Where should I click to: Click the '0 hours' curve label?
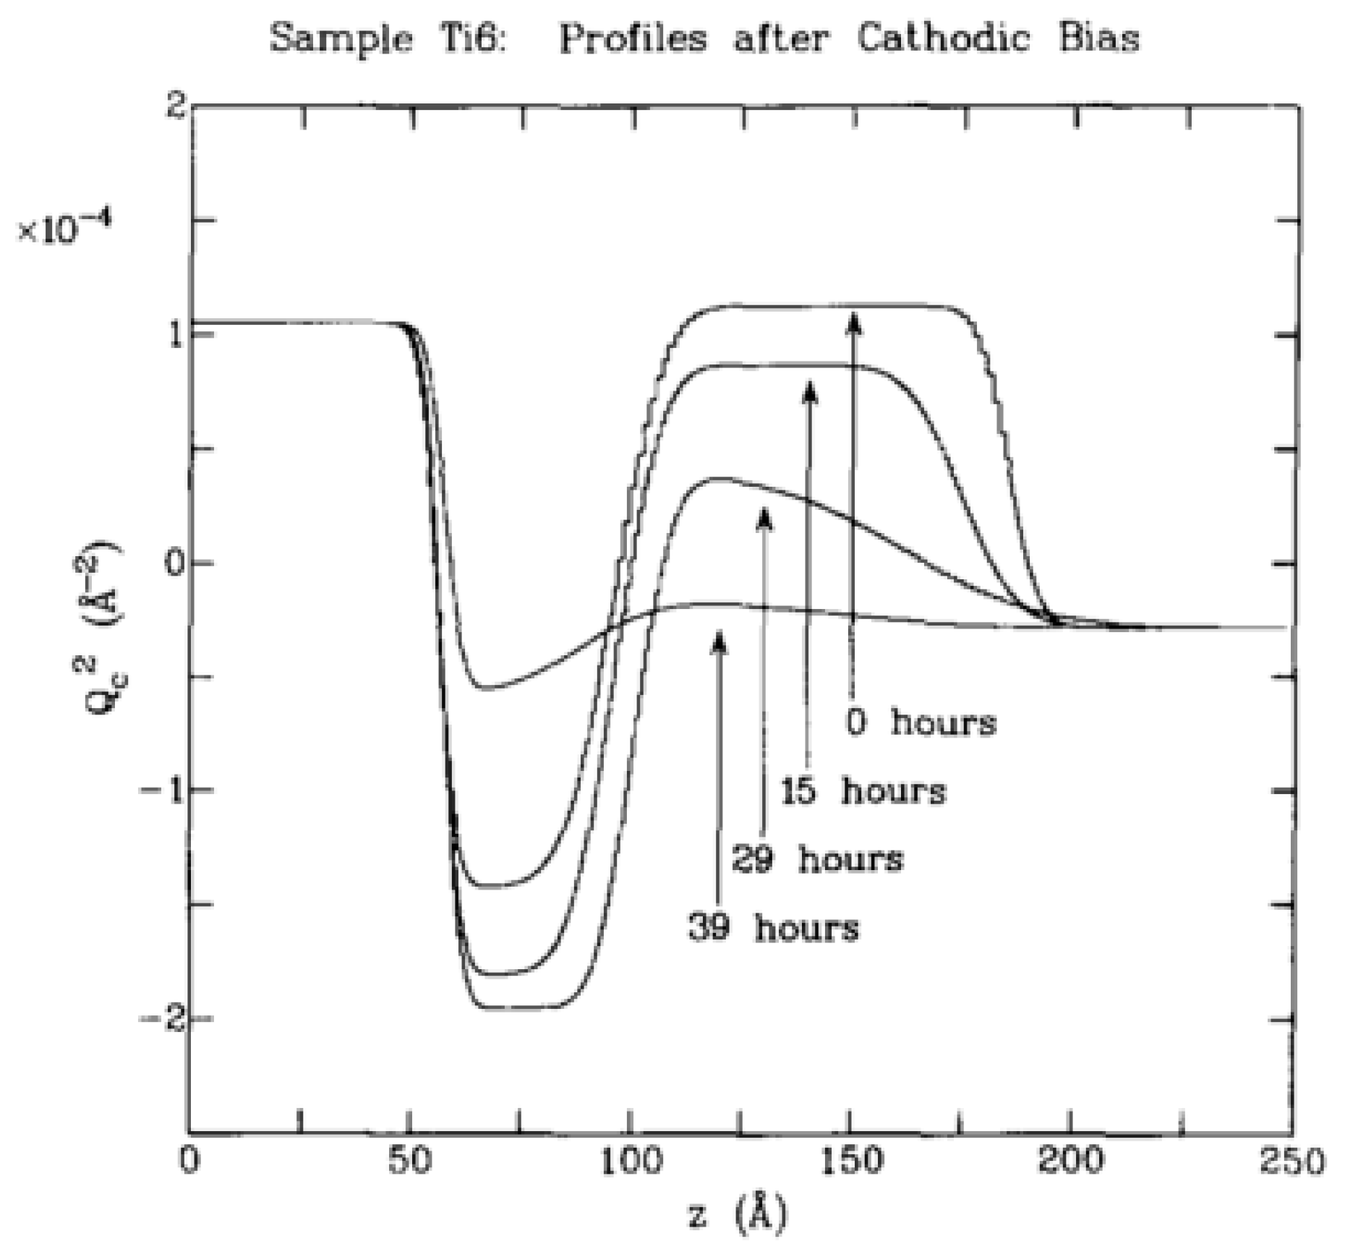pyautogui.click(x=921, y=722)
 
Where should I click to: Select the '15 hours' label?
pyautogui.click(x=863, y=791)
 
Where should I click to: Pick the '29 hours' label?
pyautogui.click(x=817, y=859)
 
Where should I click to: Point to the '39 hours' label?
pyautogui.click(x=773, y=927)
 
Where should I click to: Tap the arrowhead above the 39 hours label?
pyautogui.click(x=718, y=640)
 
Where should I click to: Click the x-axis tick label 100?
pyautogui.click(x=631, y=1162)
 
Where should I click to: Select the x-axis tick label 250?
pyautogui.click(x=1291, y=1162)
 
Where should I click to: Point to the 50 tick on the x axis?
pyautogui.click(x=409, y=1162)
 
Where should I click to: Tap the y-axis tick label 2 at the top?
pyautogui.click(x=176, y=107)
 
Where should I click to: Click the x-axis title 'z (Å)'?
pyautogui.click(x=736, y=1215)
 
